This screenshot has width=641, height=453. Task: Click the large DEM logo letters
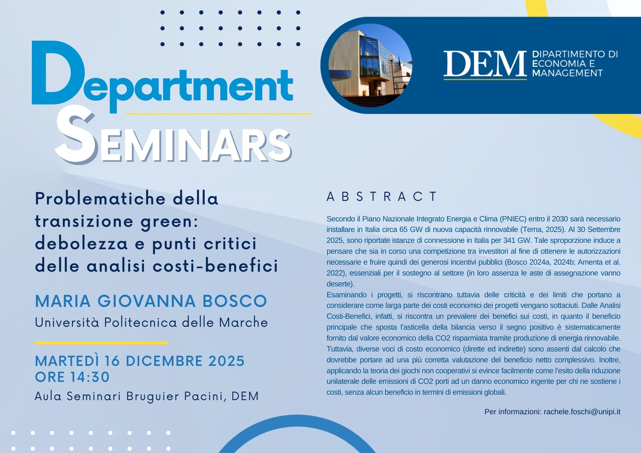click(485, 64)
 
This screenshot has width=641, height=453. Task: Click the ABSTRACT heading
click(382, 196)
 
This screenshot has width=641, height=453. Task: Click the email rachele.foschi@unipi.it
click(582, 412)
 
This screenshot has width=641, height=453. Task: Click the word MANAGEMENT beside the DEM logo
click(568, 73)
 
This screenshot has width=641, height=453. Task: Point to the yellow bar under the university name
click(101, 343)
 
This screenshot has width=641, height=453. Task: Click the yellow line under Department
click(219, 113)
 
